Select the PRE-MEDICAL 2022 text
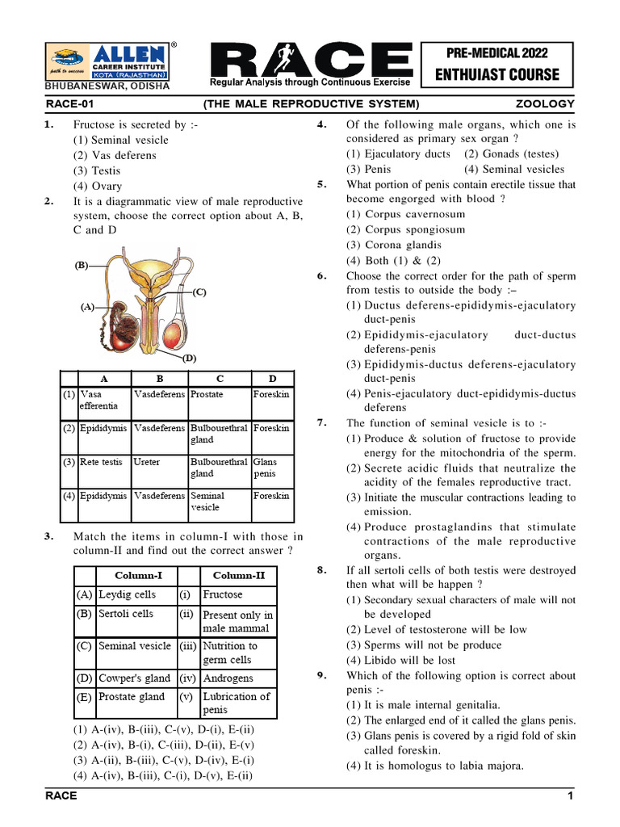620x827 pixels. [496, 53]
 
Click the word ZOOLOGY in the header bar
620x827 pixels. [545, 103]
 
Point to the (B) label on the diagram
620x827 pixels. [82, 264]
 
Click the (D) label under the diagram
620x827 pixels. [189, 358]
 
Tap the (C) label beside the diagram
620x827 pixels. [199, 292]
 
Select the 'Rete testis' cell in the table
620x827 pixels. [101, 462]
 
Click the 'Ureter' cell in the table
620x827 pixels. [147, 462]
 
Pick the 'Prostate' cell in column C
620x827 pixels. [207, 394]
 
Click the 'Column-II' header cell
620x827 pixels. [238, 576]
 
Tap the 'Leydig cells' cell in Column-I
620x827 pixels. [127, 594]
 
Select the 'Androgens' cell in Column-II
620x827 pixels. [228, 678]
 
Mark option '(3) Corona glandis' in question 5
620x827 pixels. [394, 245]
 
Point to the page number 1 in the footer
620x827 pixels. [570, 796]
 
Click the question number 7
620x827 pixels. [321, 422]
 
